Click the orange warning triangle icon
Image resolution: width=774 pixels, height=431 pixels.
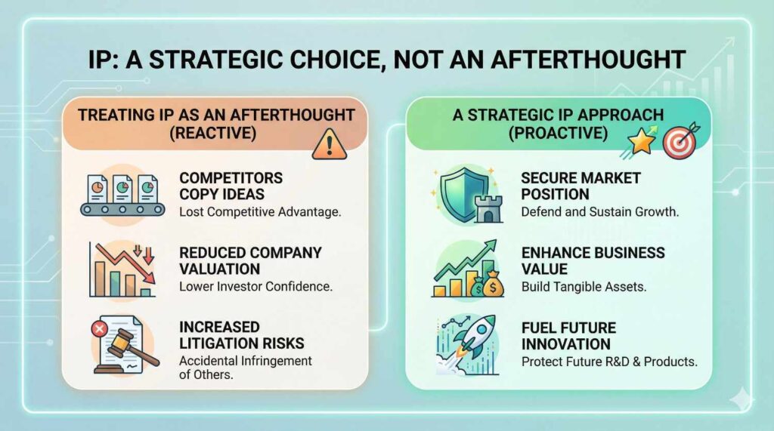[x=330, y=144]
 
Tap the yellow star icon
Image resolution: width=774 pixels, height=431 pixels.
[x=641, y=142]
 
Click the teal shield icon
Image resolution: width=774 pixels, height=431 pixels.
[x=459, y=194]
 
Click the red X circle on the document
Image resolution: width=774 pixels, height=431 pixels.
[x=100, y=328]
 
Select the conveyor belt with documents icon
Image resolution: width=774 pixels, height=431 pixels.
[x=122, y=195]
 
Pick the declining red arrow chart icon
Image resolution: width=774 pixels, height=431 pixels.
[x=122, y=269]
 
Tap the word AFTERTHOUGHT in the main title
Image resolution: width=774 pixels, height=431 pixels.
[x=588, y=60]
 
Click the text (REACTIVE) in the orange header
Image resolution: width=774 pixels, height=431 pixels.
[x=212, y=133]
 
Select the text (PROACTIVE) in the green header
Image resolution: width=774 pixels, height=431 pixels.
[x=559, y=133]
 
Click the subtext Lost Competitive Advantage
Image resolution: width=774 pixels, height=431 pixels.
[x=260, y=212]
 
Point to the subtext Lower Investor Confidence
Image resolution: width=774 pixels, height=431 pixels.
[x=255, y=287]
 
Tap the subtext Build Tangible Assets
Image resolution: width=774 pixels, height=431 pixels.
[x=584, y=287]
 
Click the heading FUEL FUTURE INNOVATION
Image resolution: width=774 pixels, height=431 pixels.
[x=568, y=336]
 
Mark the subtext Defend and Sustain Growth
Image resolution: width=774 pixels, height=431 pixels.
[x=599, y=212]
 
